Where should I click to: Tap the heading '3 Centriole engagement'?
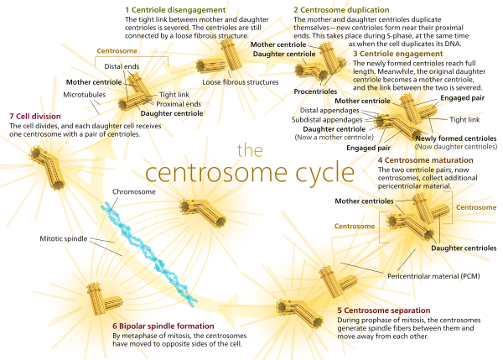point(397,52)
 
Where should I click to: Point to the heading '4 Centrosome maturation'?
point(425,159)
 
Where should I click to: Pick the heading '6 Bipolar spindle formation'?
point(163,326)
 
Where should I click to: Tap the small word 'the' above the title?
point(250,150)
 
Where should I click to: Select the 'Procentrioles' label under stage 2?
point(319,91)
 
